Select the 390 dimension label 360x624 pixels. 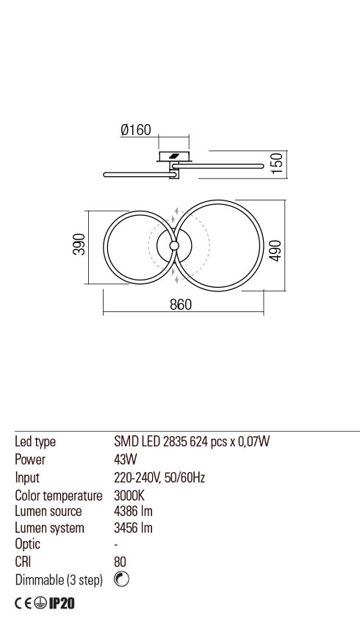click(x=79, y=244)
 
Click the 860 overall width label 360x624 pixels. click(x=181, y=305)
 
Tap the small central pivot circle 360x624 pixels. click(x=174, y=245)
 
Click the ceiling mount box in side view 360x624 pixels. click(x=174, y=156)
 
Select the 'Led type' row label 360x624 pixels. click(x=35, y=442)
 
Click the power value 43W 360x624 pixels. click(x=125, y=460)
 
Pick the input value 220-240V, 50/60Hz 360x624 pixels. click(x=159, y=477)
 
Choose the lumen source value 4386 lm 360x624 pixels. click(x=133, y=511)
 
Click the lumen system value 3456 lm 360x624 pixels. click(x=133, y=528)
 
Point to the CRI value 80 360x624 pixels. click(x=120, y=562)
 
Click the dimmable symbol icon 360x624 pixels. click(x=122, y=580)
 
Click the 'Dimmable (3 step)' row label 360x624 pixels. click(x=59, y=580)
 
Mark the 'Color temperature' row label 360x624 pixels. click(x=59, y=495)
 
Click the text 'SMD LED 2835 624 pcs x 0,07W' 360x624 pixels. click(x=192, y=442)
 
